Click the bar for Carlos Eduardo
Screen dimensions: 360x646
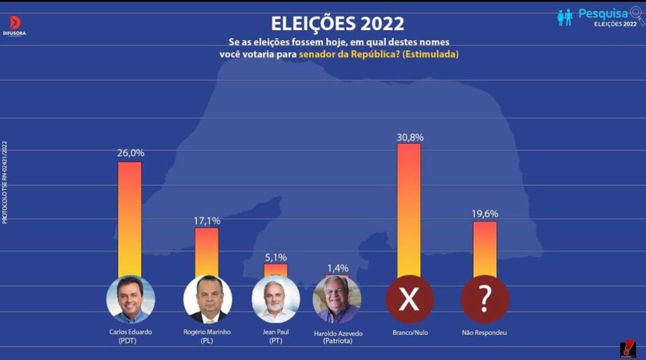pos(130,218)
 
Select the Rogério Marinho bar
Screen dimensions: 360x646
pos(207,251)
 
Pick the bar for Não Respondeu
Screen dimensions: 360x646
pos(484,248)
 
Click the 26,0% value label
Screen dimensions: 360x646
pos(131,153)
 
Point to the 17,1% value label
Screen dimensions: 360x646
pos(207,221)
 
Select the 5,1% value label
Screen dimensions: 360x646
pos(276,257)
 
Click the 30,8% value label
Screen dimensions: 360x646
pos(409,136)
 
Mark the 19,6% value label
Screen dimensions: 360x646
pos(484,214)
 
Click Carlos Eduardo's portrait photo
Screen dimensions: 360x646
pos(131,299)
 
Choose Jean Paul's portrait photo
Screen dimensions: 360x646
pos(276,299)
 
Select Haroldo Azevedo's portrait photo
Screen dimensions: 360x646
pos(337,299)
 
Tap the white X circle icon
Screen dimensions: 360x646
pos(409,299)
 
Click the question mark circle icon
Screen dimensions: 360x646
pos(484,299)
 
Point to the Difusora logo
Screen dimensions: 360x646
pos(15,26)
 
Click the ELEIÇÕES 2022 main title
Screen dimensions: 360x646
pos(338,23)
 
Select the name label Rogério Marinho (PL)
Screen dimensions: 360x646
pos(207,336)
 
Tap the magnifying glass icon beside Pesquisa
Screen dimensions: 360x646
pos(637,15)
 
